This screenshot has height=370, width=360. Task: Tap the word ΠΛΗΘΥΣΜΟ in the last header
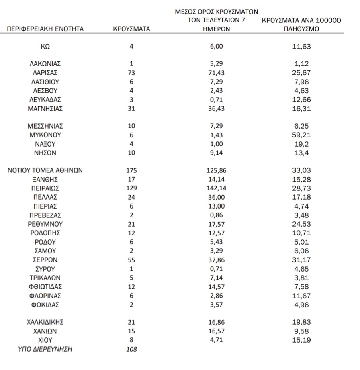click(x=301, y=29)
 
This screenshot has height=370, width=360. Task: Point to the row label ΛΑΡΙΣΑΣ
click(x=45, y=73)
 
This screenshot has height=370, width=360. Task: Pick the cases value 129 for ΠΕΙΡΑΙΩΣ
click(x=131, y=188)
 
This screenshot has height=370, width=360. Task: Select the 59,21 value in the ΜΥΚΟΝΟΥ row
click(x=301, y=135)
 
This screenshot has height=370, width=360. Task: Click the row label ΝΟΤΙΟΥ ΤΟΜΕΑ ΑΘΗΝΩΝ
click(x=45, y=170)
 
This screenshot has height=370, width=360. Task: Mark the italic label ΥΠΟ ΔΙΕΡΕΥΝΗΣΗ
click(x=45, y=349)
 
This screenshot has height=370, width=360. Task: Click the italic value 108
click(x=131, y=349)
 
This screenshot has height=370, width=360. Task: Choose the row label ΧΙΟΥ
click(x=45, y=340)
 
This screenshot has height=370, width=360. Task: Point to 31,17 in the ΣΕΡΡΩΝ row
click(x=301, y=260)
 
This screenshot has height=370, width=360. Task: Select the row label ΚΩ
click(x=45, y=47)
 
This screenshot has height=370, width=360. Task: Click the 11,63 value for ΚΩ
click(x=301, y=47)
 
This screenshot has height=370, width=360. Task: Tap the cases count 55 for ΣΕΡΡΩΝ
click(x=131, y=260)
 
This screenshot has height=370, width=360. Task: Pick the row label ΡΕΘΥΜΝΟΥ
click(x=45, y=224)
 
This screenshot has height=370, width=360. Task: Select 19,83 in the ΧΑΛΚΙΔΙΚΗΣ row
click(x=301, y=322)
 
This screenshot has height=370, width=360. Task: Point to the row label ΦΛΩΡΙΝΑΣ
click(x=45, y=296)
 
